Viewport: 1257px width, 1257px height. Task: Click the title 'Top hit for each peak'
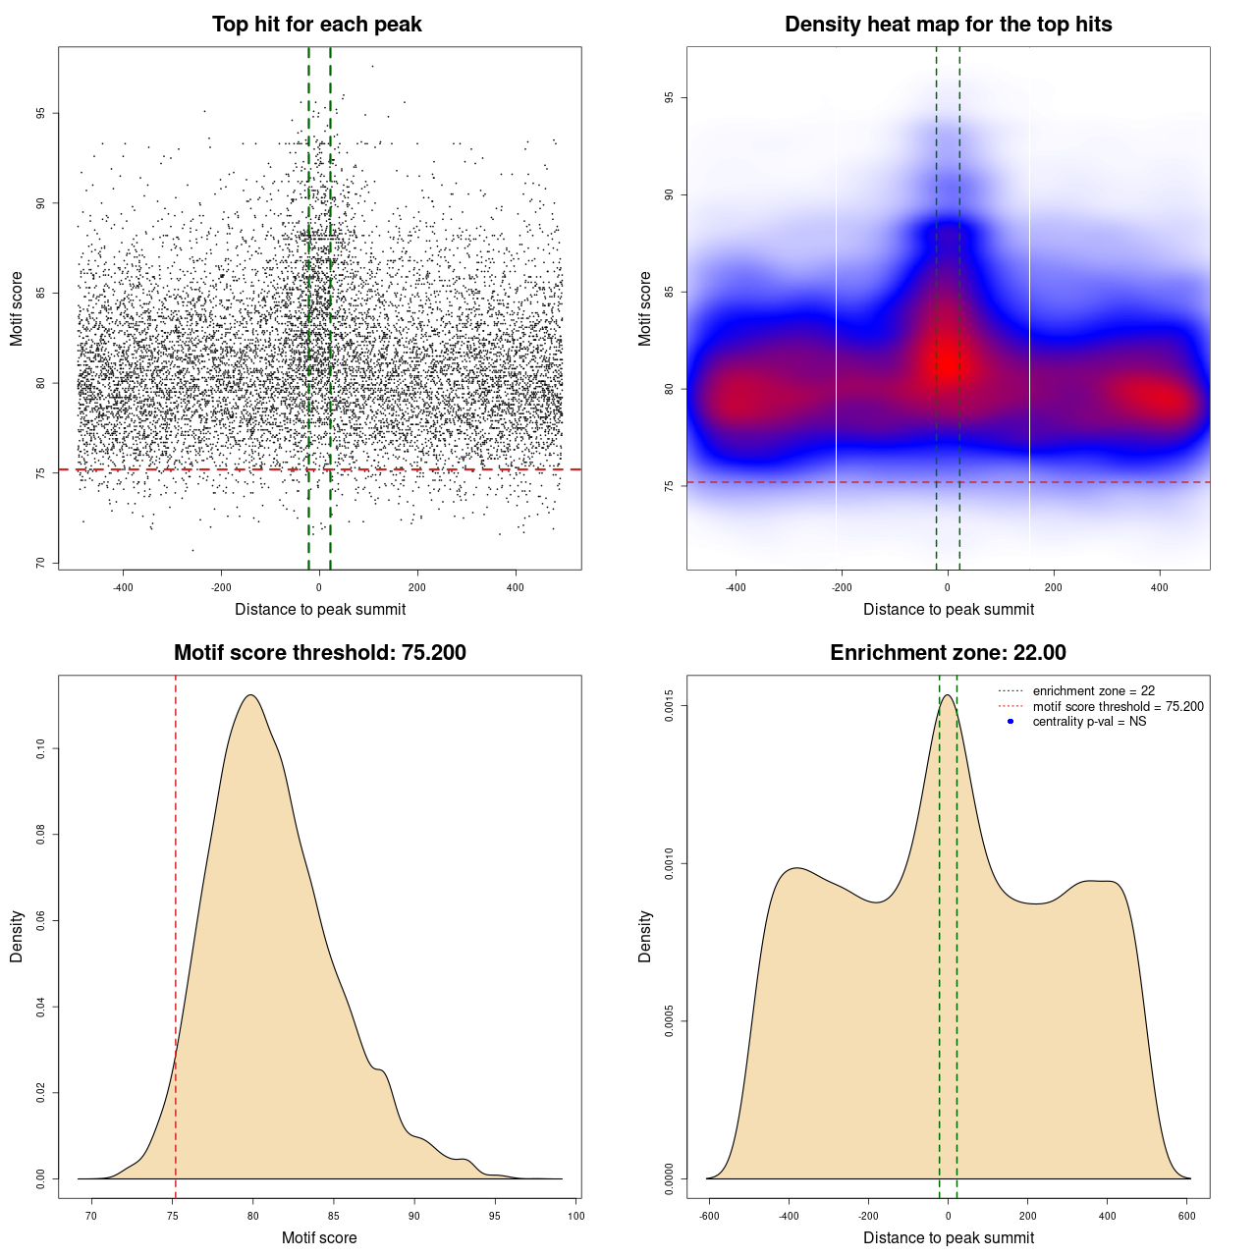click(317, 25)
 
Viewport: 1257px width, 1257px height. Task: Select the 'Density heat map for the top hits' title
click(948, 25)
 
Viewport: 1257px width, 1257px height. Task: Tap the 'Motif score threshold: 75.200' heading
click(319, 653)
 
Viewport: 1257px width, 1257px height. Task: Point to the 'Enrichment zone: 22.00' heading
click(948, 653)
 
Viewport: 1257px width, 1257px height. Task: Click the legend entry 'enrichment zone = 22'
click(1093, 691)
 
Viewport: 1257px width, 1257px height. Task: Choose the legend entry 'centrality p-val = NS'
click(1089, 722)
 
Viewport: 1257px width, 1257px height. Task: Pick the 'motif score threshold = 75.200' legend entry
click(1118, 707)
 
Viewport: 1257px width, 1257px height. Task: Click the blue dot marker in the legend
click(1011, 722)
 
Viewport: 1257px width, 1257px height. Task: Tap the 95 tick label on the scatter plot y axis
click(40, 114)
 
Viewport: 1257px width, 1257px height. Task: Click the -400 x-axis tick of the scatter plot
click(123, 587)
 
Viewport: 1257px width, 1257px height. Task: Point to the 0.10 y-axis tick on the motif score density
click(40, 749)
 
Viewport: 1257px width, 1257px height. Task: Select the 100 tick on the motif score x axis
click(575, 1216)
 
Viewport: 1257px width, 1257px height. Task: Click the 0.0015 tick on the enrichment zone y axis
click(669, 706)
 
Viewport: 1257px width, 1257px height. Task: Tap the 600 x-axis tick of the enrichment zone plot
click(1187, 1216)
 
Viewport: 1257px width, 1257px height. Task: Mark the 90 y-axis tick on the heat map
click(669, 194)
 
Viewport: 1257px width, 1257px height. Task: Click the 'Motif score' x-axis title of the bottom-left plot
click(319, 1237)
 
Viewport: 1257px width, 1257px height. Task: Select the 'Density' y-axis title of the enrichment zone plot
click(645, 936)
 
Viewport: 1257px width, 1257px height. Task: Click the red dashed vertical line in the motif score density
click(176, 933)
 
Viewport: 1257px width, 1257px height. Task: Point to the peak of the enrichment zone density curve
click(948, 696)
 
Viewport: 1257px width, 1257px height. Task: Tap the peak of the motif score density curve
click(251, 695)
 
